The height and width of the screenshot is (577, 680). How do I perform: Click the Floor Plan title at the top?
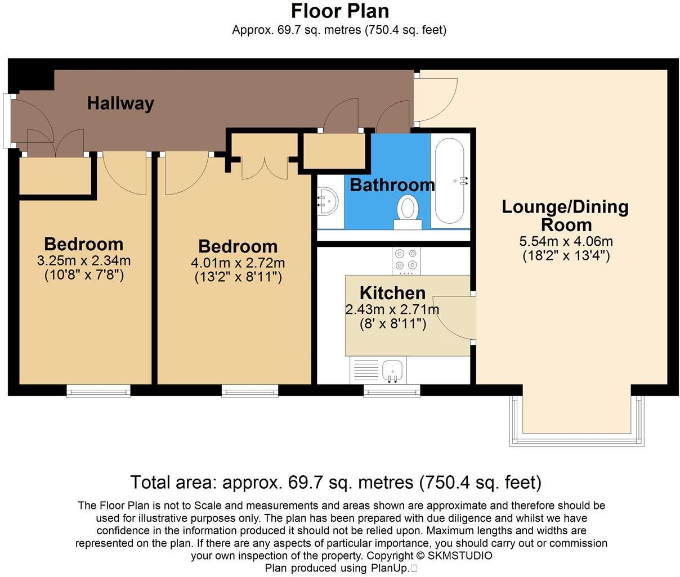click(339, 11)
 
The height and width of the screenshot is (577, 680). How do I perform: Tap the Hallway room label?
click(120, 103)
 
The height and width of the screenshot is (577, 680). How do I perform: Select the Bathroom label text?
click(392, 184)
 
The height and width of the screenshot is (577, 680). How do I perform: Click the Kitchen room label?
click(392, 292)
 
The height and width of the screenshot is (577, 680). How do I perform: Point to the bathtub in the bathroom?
click(450, 181)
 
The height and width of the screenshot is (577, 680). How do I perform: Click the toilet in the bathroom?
click(407, 210)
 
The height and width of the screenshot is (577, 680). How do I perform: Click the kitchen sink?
click(392, 371)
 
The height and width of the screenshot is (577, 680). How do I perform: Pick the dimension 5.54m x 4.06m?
click(566, 242)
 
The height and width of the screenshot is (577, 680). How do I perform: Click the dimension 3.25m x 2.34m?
click(83, 261)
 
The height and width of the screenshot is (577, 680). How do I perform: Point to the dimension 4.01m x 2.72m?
click(238, 263)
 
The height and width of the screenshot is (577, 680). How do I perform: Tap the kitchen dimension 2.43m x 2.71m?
click(392, 309)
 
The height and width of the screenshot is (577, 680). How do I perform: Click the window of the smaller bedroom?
click(99, 391)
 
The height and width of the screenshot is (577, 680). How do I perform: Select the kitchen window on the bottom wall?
click(392, 391)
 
